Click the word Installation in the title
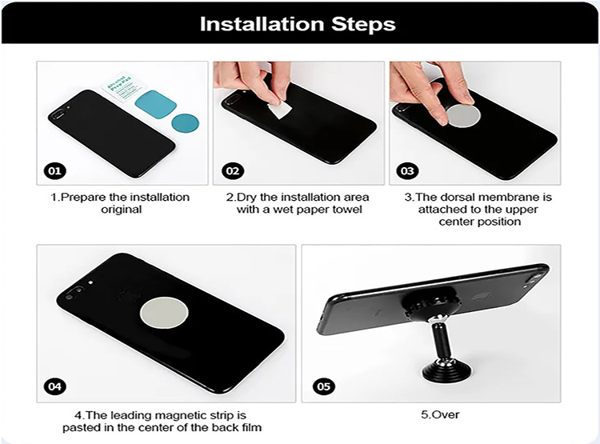coord(262,24)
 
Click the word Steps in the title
coord(363,25)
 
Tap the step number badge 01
coord(54,170)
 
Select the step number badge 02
coord(233,170)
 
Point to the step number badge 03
coord(407,170)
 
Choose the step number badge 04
coord(54,386)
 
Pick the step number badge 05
coord(323,386)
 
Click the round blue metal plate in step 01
coord(186,122)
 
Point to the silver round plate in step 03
coord(463,116)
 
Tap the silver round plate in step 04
coord(164,312)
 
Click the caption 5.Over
coord(440,414)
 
